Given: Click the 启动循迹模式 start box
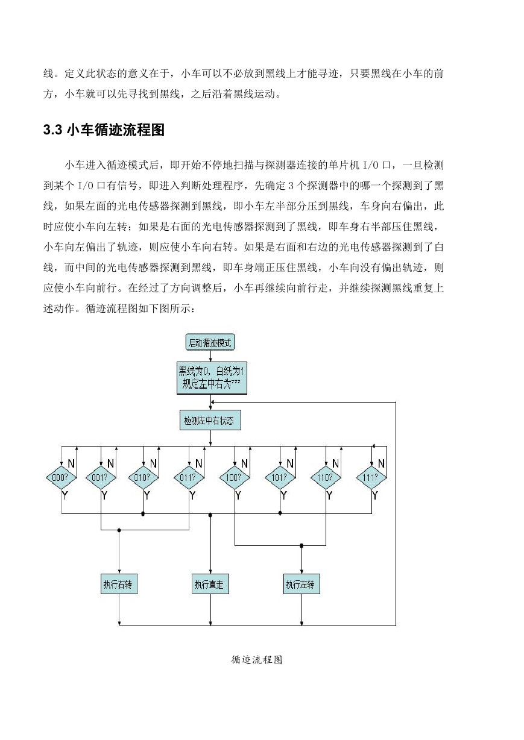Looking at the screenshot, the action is [210, 342].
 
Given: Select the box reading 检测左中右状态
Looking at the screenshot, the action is [210, 420].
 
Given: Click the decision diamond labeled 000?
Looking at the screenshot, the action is [62, 477].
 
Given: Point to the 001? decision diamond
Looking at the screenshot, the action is [101, 477].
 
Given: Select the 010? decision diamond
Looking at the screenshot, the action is [144, 477].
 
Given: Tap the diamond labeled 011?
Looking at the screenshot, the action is [189, 477].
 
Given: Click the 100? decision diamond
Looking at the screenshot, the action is [235, 477].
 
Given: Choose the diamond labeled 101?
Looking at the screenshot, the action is [280, 477].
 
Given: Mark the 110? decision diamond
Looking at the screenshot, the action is [326, 477].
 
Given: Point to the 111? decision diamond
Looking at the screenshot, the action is [371, 477].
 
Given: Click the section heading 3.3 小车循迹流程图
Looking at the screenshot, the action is [104, 130].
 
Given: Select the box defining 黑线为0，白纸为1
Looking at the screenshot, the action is [212, 378].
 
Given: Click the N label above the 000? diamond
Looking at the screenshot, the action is [71, 463].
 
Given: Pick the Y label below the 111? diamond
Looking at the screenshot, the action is [375, 495].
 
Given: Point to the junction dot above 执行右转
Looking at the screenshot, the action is [119, 530].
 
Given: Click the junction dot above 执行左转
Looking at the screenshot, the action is [301, 546].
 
